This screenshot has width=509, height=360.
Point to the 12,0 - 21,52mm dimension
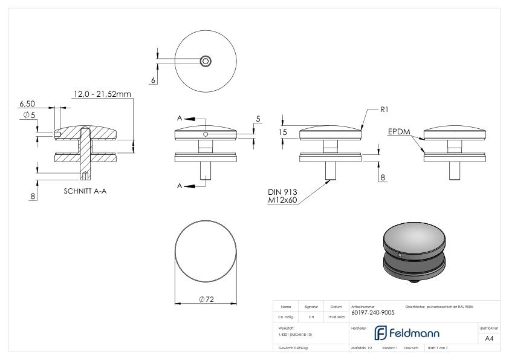coord(102,94)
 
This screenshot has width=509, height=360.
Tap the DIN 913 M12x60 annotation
coord(284,195)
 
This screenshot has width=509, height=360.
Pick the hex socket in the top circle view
coord(206,61)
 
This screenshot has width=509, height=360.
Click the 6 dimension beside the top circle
coord(154,80)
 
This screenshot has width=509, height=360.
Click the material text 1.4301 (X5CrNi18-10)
coord(296,334)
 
